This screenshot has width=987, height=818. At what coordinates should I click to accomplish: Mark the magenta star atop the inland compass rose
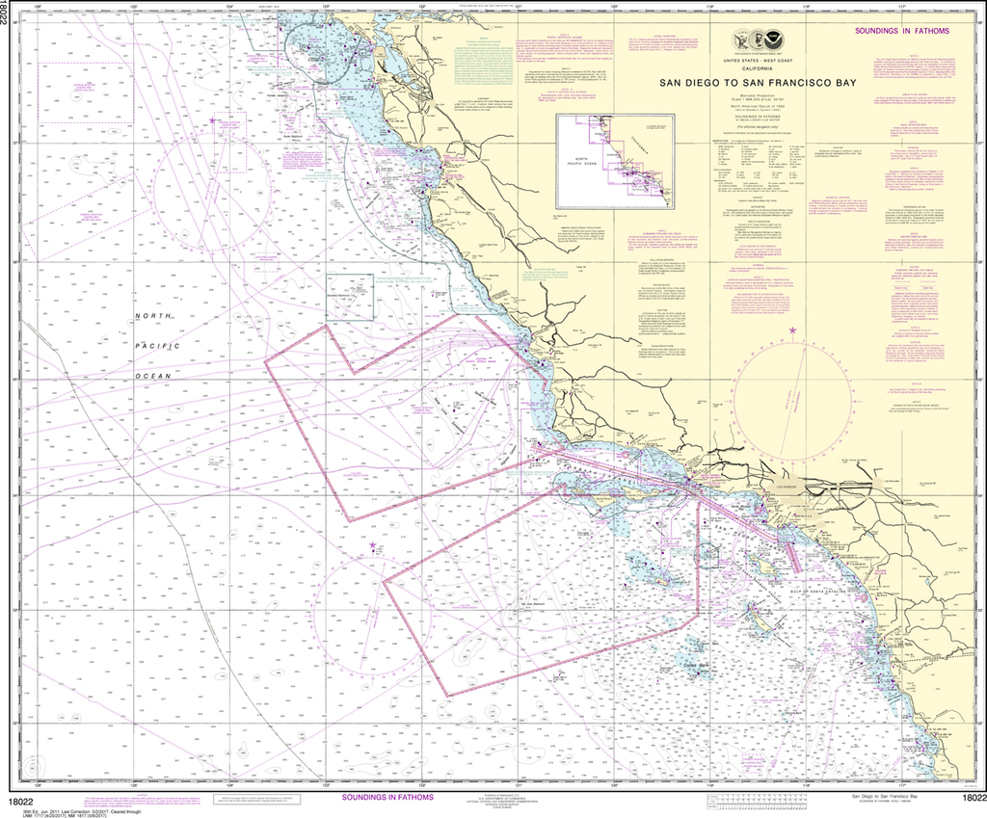tap(793, 331)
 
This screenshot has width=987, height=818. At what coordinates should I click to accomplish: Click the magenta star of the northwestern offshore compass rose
tap(213, 119)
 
